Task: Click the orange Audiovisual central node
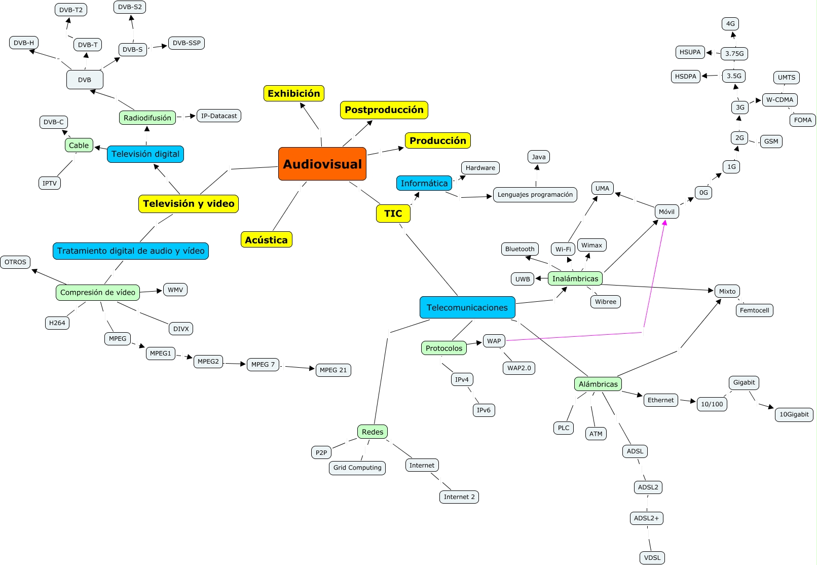[322, 164]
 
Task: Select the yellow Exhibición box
[293, 93]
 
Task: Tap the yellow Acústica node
[266, 240]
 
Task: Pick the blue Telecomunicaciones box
[467, 307]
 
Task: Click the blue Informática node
[424, 183]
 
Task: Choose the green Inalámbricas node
[575, 278]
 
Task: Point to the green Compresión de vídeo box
[97, 292]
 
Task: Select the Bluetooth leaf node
[519, 249]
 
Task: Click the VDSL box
[652, 557]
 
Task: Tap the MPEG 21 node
[333, 370]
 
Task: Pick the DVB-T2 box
[70, 10]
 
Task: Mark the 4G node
[730, 23]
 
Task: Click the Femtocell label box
[754, 310]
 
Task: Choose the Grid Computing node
[357, 468]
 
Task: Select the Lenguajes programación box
[535, 194]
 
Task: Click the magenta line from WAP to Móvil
[573, 337]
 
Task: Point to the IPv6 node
[483, 410]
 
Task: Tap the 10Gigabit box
[794, 414]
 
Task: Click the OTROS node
[15, 262]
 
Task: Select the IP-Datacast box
[218, 116]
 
